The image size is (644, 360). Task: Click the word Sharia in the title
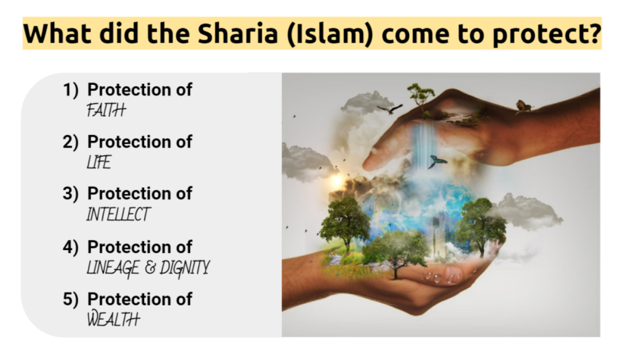click(x=238, y=33)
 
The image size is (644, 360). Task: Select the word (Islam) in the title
click(x=330, y=33)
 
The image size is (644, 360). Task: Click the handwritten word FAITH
click(x=106, y=110)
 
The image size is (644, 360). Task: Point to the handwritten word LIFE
click(x=98, y=162)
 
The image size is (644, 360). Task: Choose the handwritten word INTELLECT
click(x=118, y=214)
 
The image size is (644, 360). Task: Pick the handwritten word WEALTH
click(x=114, y=318)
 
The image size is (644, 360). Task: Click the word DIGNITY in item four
click(x=184, y=268)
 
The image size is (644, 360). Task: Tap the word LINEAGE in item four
click(x=113, y=268)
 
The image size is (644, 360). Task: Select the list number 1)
click(x=70, y=90)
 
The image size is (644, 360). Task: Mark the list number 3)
click(x=70, y=193)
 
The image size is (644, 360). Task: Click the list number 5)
click(x=70, y=299)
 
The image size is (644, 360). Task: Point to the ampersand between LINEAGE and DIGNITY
click(x=150, y=268)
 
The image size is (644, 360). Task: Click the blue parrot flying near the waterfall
click(x=436, y=161)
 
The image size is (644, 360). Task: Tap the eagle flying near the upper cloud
click(x=389, y=109)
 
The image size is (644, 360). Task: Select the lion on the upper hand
click(x=524, y=106)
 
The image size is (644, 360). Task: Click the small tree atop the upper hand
click(x=420, y=98)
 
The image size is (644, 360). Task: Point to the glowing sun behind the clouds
click(x=337, y=181)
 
